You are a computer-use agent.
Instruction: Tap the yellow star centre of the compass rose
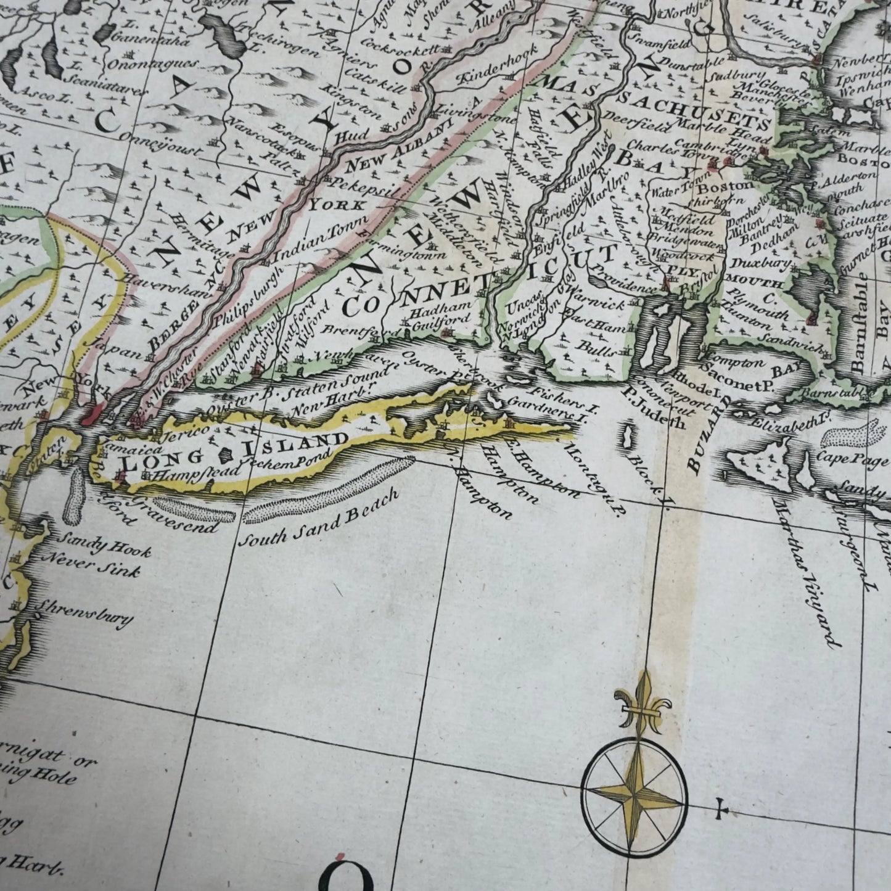coord(634,787)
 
